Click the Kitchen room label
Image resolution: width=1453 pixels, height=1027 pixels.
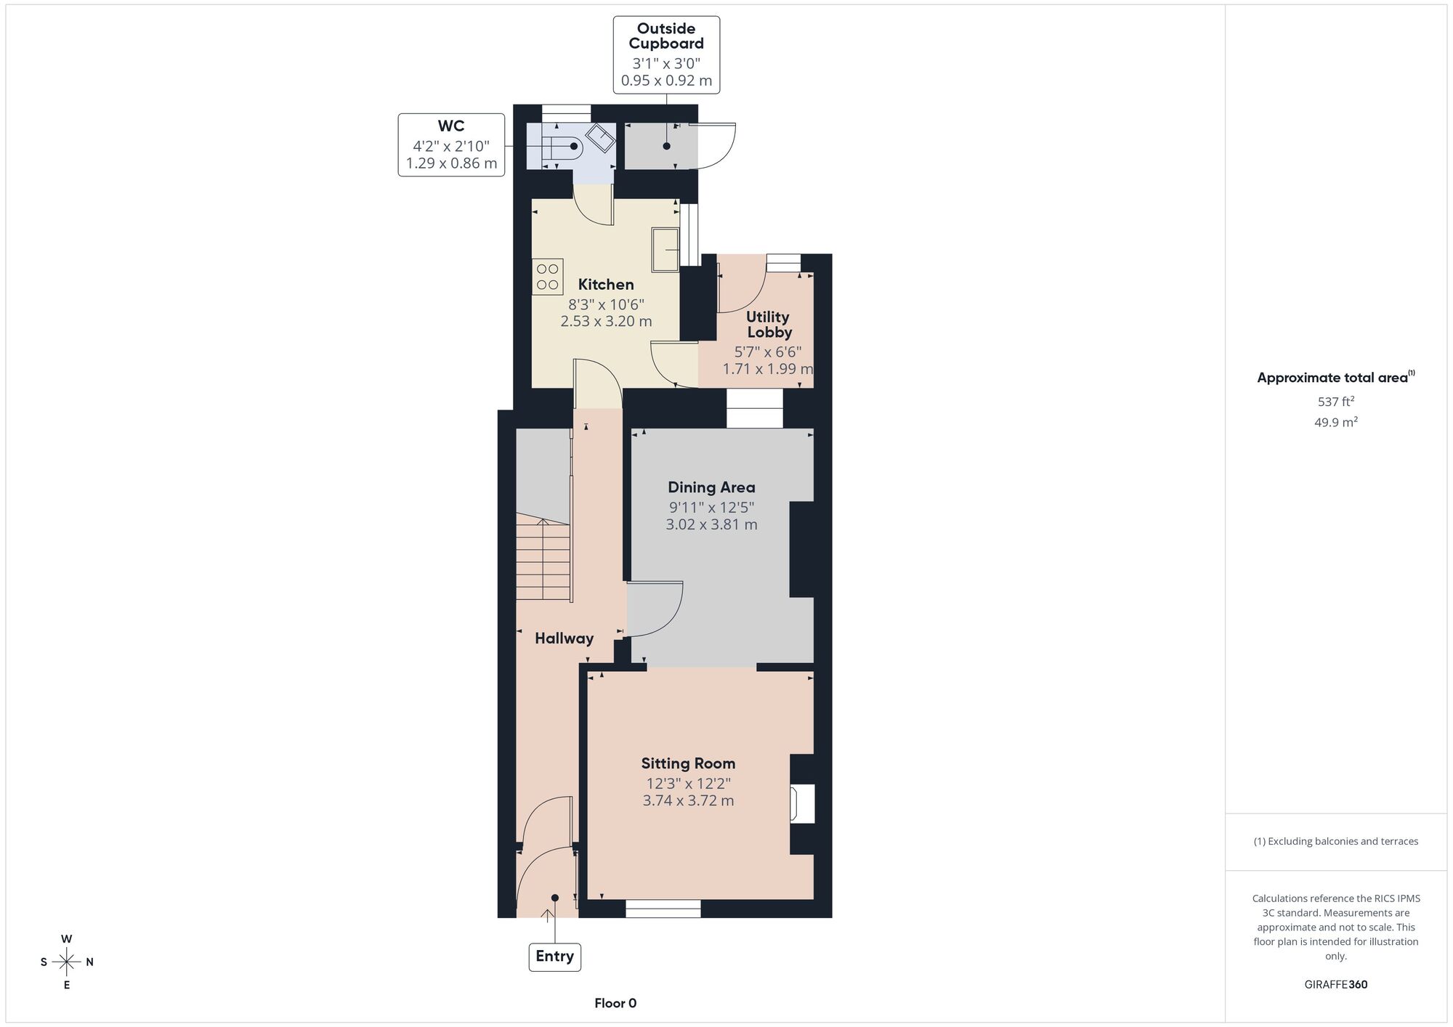coord(606,285)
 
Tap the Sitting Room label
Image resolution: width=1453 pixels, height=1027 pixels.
coord(688,763)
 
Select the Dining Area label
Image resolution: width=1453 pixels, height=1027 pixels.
coord(711,487)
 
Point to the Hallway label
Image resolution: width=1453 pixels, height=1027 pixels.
coord(564,638)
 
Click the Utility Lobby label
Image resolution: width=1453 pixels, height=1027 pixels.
coord(769,325)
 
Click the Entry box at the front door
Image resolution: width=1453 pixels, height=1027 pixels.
coord(554,957)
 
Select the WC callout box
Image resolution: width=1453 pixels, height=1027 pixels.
coord(451,145)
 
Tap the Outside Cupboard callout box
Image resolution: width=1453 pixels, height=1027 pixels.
coord(666,55)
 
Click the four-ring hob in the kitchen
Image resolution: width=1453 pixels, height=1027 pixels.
coord(548,277)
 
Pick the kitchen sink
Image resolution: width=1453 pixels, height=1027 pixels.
coord(665,250)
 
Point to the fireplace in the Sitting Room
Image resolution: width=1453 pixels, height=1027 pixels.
coord(802,803)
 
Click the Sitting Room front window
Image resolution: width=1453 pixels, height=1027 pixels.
coord(663,909)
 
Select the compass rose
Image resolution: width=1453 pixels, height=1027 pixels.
coord(67,962)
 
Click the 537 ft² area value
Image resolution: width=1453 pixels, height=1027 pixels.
coord(1336,401)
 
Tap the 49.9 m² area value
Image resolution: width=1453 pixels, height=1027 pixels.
coord(1336,422)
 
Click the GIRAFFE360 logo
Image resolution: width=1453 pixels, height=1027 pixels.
coord(1336,985)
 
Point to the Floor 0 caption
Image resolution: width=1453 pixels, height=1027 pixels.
coord(615,1003)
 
